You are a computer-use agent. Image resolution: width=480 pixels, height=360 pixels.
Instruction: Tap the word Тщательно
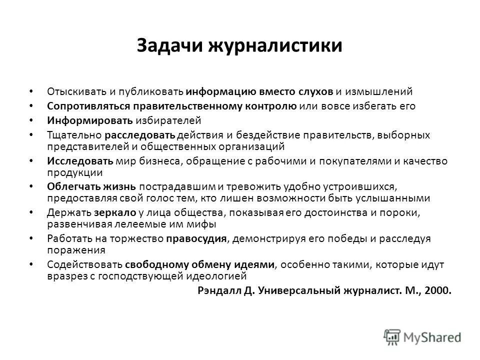point(73,135)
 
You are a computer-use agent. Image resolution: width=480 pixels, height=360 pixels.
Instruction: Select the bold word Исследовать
point(80,161)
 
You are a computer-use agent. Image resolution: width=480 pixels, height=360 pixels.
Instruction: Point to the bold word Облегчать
point(73,187)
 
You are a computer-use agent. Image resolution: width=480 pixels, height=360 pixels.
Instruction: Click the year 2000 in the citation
point(438,290)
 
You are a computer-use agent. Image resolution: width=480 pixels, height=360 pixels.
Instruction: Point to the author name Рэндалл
point(217,290)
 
